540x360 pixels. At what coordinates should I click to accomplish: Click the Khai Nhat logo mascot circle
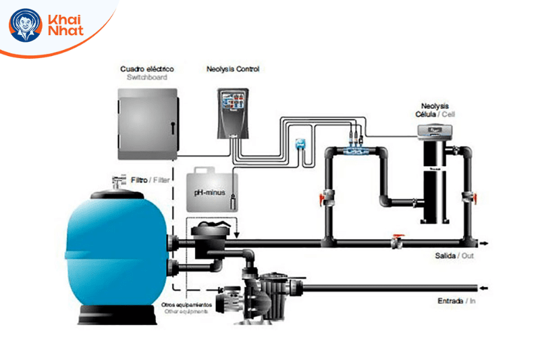[25, 26]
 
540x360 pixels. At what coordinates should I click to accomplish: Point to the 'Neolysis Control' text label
[232, 69]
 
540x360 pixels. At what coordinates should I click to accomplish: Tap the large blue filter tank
[122, 249]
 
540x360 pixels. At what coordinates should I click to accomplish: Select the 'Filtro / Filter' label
[151, 180]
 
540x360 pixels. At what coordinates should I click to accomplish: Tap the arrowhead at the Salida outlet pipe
[484, 242]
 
